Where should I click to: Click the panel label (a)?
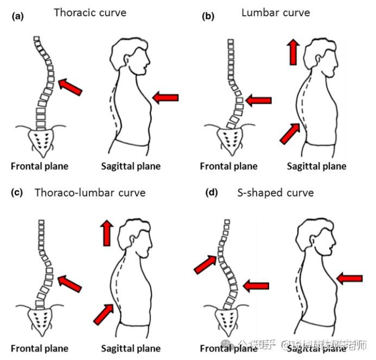pos(17,16)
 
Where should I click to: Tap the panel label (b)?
pos(207,16)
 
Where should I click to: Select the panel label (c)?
pos(17,193)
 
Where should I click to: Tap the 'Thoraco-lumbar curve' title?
pos(90,192)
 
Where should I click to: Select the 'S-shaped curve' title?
pos(275,192)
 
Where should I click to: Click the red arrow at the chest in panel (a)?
pos(165,98)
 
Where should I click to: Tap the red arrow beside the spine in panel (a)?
pos(71,86)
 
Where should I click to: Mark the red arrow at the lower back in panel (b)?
pos(290,133)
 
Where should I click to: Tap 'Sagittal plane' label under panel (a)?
pos(131,166)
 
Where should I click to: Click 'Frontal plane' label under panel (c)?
pos(40,348)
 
